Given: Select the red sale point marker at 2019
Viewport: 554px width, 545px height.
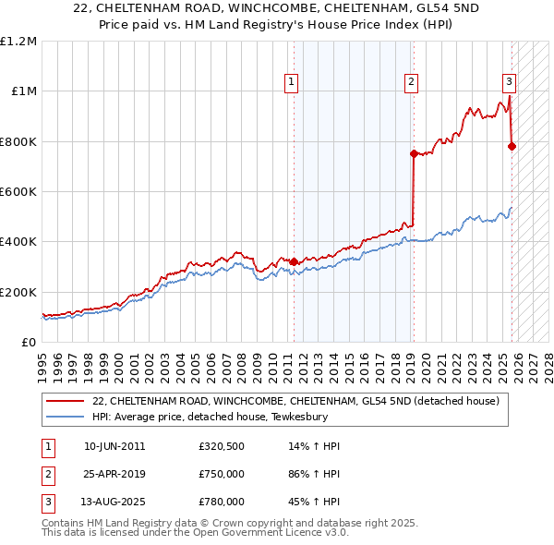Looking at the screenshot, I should tap(414, 154).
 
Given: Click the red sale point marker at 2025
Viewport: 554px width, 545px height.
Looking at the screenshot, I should tap(512, 146).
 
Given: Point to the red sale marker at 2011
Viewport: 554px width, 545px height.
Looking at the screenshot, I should tap(294, 261).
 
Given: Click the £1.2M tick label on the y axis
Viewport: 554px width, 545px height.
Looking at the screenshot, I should tap(18, 42).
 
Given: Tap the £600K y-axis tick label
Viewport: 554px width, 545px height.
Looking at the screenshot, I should tap(18, 192).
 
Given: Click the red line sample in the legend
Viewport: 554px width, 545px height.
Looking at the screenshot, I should tap(66, 401).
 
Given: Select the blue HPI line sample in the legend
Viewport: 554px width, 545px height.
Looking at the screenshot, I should tap(66, 417).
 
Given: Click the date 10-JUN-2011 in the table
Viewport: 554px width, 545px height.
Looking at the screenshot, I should tap(114, 446).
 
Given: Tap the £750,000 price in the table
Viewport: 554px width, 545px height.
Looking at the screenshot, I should tap(222, 474).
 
